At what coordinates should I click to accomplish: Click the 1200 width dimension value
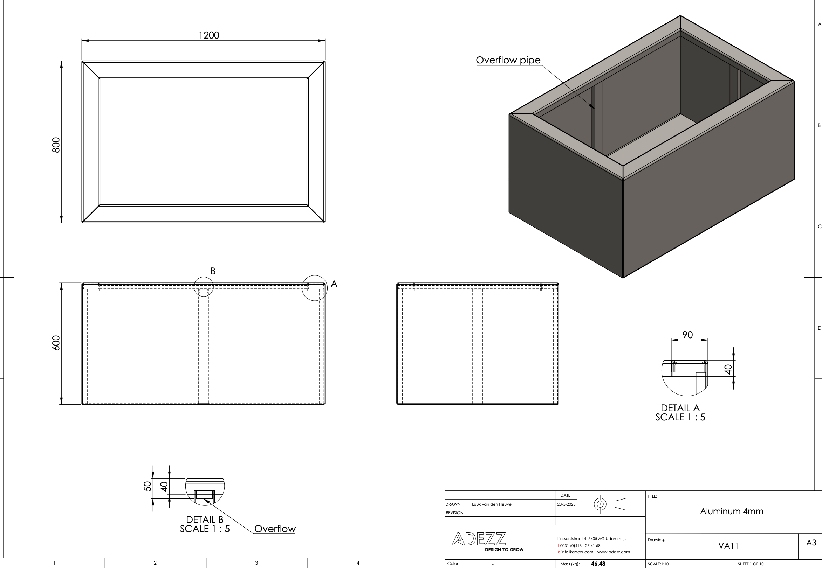[x=209, y=35]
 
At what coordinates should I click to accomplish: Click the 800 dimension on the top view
[x=56, y=145]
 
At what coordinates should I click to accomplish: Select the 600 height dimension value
[x=56, y=343]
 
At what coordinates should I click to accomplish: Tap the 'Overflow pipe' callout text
[x=508, y=60]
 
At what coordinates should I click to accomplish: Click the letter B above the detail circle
[x=213, y=271]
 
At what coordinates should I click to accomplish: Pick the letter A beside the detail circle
[x=334, y=284]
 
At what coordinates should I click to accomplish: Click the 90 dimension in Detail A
[x=687, y=335]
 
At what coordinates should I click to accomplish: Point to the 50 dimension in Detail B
[x=148, y=486]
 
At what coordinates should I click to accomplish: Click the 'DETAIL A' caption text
[x=680, y=408]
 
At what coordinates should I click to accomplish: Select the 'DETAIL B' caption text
[x=204, y=519]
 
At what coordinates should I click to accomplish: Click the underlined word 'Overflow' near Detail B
[x=275, y=529]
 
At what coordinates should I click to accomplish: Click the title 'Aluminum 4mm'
[x=731, y=511]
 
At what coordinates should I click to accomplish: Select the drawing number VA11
[x=728, y=546]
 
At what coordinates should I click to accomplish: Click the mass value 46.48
[x=598, y=564]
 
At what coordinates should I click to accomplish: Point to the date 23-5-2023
[x=566, y=504]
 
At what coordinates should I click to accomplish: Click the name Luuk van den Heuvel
[x=492, y=504]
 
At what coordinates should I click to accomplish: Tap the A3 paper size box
[x=811, y=543]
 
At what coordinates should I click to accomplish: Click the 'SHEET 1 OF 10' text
[x=751, y=564]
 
